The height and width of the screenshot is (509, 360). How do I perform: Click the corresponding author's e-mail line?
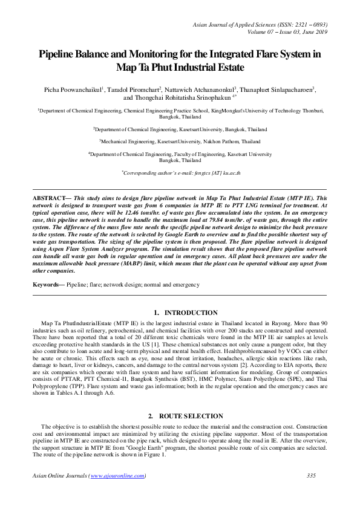click(x=180, y=172)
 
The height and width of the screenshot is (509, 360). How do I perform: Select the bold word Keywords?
click(x=47, y=284)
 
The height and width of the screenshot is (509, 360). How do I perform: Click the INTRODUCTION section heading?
click(x=191, y=313)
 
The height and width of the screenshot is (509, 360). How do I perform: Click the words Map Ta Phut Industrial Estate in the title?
click(x=180, y=67)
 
